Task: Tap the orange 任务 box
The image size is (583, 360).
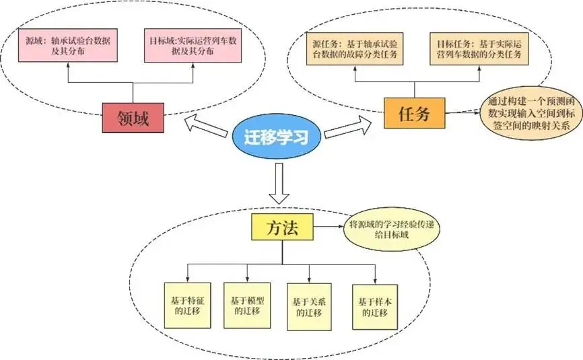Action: coord(415,112)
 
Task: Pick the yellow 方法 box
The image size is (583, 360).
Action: coord(283,228)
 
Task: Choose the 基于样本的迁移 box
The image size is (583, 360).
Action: coord(372,307)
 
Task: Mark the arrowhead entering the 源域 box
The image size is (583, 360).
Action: coord(67,65)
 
